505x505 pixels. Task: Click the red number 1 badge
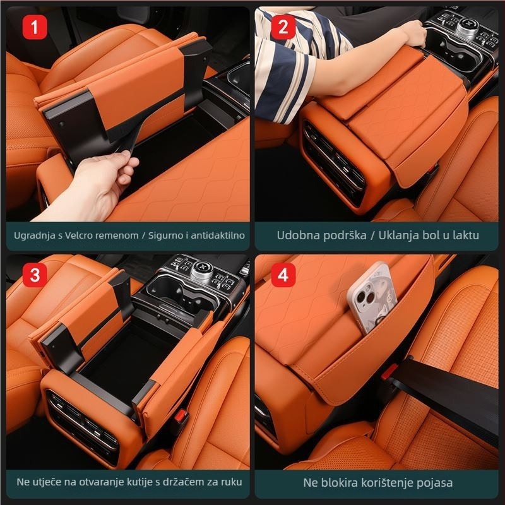pos(35,27)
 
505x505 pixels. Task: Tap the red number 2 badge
pos(283,27)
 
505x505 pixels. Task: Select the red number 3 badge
pos(35,275)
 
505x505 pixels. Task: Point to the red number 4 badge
pos(283,275)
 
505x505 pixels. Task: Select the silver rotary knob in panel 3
pos(201,271)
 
